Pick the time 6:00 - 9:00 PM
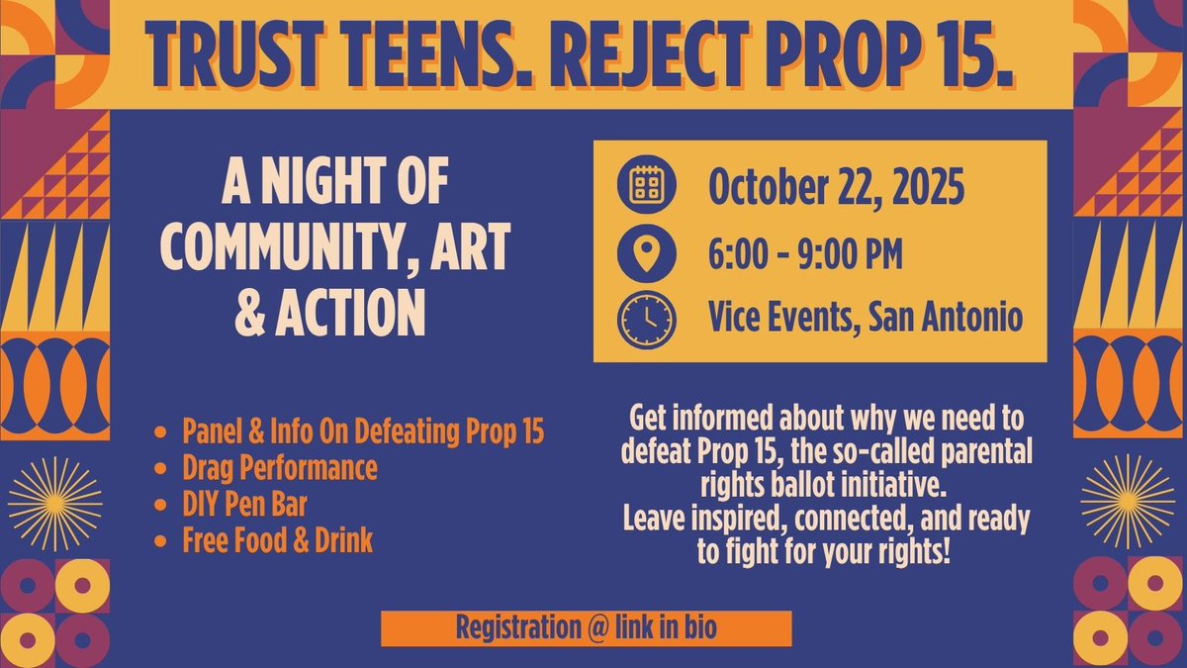pos(805,254)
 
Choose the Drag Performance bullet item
pos(279,468)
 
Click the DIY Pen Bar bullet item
pos(244,505)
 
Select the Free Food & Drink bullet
pos(277,541)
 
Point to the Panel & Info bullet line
pos(363,432)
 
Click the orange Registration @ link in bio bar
pos(587,627)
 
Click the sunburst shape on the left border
pos(54,503)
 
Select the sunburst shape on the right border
pos(1127,503)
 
